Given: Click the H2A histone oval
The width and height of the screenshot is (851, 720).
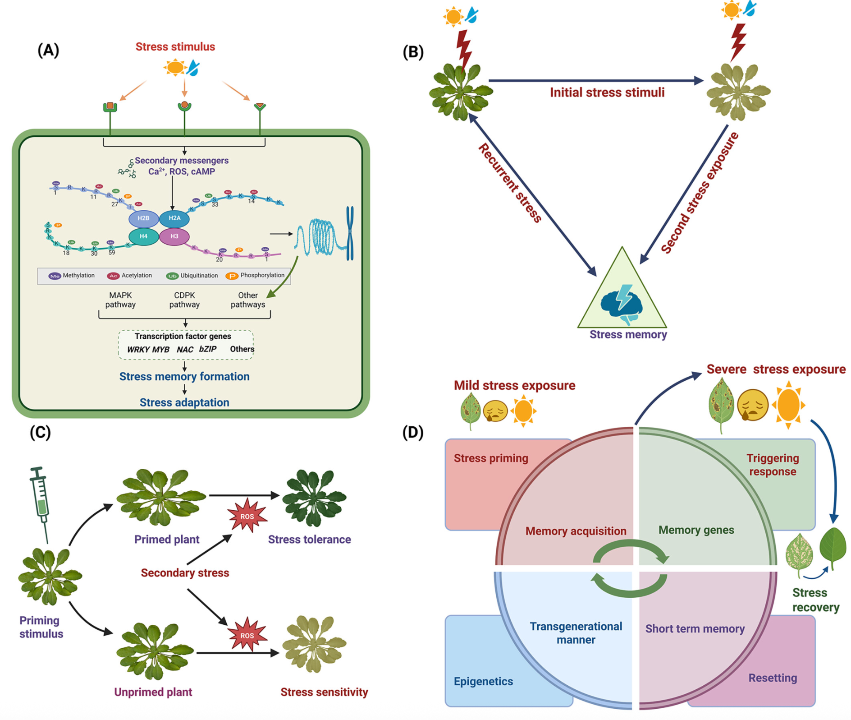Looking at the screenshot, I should click(174, 218).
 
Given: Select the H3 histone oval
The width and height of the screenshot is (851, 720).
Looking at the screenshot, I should click(174, 236).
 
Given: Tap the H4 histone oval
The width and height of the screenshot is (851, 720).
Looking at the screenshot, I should click(143, 236).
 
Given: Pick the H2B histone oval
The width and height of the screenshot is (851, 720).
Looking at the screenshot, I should click(143, 218).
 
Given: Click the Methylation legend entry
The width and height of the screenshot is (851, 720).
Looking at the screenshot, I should click(72, 276).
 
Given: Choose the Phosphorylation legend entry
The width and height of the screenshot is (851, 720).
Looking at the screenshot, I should click(256, 276).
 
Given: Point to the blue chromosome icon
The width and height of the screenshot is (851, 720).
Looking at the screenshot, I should click(350, 233).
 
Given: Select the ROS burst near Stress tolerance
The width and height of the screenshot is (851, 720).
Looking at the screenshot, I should click(247, 516).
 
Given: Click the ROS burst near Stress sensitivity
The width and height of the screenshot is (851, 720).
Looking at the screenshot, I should click(247, 635).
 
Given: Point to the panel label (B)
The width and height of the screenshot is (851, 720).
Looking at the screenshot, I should click(413, 52).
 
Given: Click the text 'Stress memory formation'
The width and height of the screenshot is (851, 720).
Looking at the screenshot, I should click(184, 377).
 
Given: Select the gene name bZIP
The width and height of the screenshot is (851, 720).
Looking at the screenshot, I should click(208, 349).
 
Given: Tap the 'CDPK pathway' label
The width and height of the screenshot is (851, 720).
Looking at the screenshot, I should click(184, 300).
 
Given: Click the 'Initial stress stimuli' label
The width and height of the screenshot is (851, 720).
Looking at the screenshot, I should click(607, 92).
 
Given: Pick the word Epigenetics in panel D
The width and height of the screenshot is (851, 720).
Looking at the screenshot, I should click(483, 681).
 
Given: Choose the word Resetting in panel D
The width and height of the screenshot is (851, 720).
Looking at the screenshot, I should click(773, 678).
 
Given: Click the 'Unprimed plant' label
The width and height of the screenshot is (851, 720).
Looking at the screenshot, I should click(153, 692).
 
